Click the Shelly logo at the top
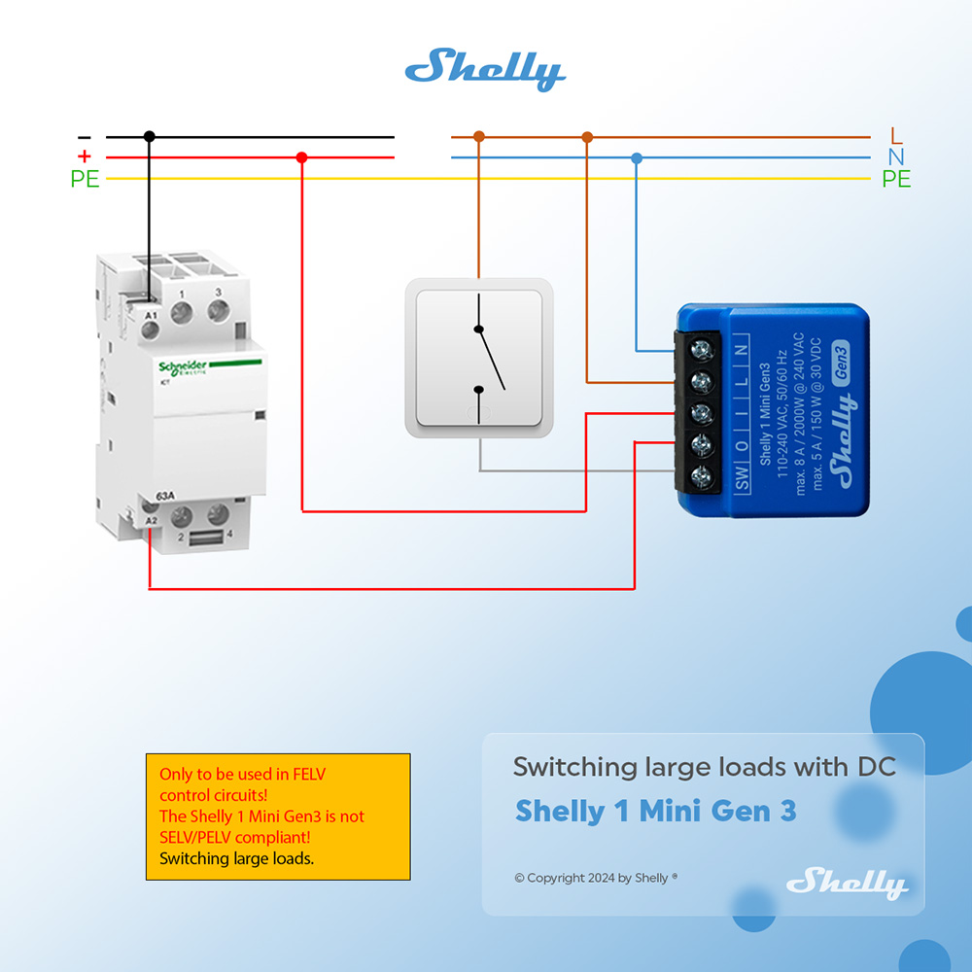tap(485, 69)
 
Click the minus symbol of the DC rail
tap(85, 138)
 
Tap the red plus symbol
tap(85, 157)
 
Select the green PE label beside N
tap(896, 180)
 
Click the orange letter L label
tap(896, 137)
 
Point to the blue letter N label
tap(896, 157)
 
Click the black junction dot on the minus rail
tap(149, 137)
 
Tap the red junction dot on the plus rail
tap(301, 157)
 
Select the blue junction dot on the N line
tap(637, 157)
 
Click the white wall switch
tap(479, 358)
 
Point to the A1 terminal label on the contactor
tap(151, 316)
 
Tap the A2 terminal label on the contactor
tap(151, 522)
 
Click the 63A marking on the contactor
tap(165, 497)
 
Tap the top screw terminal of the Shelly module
tap(699, 347)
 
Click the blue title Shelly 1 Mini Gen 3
tap(655, 811)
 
